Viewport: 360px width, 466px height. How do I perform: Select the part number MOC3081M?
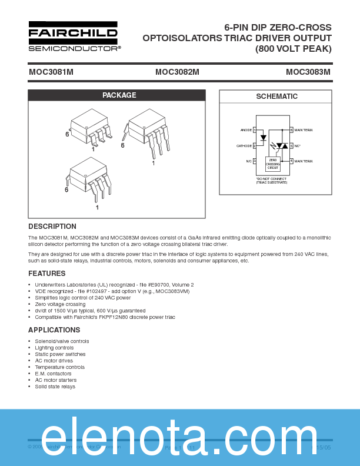click(x=51, y=72)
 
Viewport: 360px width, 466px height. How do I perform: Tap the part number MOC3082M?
click(x=177, y=72)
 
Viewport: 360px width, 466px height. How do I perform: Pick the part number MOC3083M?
click(x=308, y=72)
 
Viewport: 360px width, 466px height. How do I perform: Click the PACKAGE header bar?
click(x=117, y=95)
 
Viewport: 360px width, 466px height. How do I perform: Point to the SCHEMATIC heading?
click(x=276, y=96)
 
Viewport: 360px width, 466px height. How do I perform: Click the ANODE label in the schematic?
click(x=246, y=130)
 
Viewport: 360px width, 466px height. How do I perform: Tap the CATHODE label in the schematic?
click(x=244, y=145)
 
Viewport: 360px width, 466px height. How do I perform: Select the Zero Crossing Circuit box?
click(x=272, y=164)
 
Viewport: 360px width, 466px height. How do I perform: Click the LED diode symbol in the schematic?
click(x=263, y=138)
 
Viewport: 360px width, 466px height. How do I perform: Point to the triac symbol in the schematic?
click(x=282, y=145)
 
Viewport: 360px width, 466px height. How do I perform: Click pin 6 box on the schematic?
click(x=291, y=130)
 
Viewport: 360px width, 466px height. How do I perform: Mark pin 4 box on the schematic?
click(x=291, y=161)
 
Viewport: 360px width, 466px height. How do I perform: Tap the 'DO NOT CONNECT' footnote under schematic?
click(x=272, y=181)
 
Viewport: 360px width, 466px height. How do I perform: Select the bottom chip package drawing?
click(x=88, y=177)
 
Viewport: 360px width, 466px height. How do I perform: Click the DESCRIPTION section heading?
click(x=52, y=227)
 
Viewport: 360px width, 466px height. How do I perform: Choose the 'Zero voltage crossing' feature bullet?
click(x=60, y=304)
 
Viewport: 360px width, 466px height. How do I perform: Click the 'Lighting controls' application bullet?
click(x=54, y=348)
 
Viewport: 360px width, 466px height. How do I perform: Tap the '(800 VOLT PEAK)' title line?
click(x=293, y=49)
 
